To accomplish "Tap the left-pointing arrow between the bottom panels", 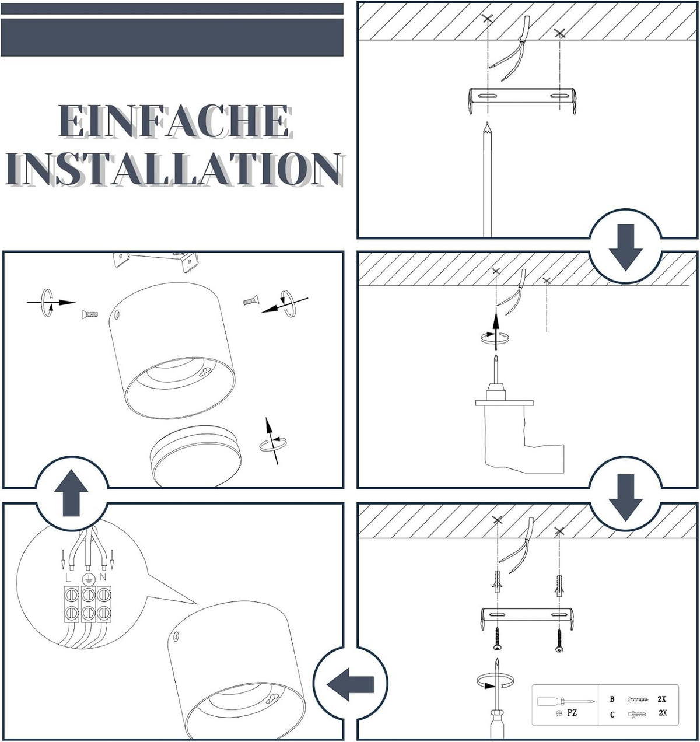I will (350, 684).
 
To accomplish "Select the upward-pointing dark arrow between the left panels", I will (71, 493).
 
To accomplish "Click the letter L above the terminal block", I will (68, 577).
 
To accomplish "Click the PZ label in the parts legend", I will (572, 713).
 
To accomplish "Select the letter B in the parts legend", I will (612, 699).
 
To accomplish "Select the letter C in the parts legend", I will (612, 715).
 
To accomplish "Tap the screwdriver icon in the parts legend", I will (565, 700).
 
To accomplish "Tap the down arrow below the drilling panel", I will (625, 497).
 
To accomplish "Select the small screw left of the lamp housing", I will (90, 314).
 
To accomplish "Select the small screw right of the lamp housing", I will (250, 301).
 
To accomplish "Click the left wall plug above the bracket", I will (496, 582).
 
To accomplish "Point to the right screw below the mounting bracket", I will (559, 640).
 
